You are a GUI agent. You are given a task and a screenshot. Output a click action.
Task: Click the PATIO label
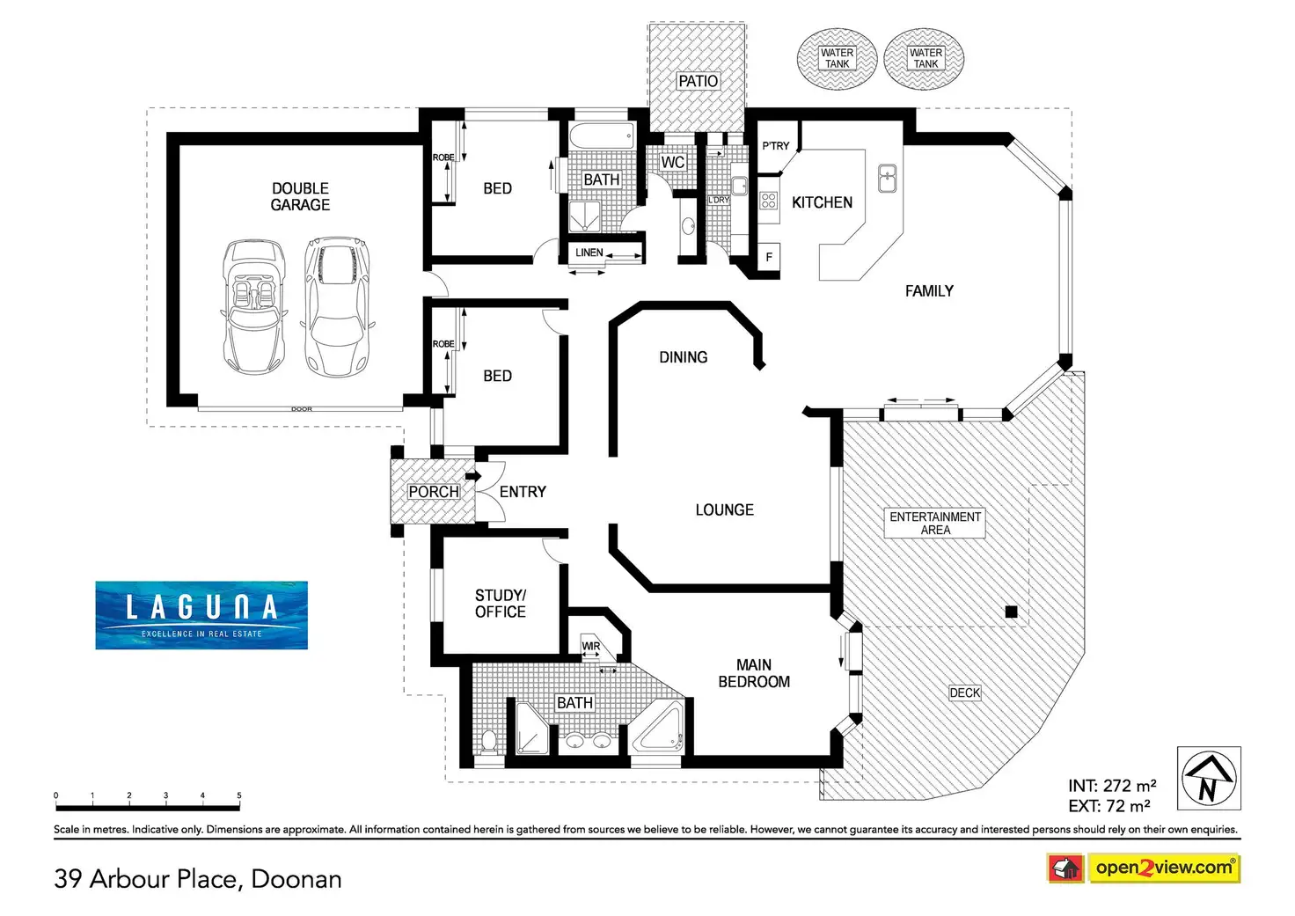coord(698,81)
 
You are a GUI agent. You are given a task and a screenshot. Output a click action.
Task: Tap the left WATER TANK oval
coord(837,59)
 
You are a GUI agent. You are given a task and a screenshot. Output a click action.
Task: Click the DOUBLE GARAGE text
coord(300,196)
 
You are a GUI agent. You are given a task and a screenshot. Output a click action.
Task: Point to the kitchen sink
coord(887,179)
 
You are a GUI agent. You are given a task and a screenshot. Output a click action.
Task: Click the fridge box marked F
coord(769,257)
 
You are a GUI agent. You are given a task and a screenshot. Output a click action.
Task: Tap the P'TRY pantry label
coord(776,146)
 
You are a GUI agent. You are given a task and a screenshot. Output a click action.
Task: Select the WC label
coord(672,163)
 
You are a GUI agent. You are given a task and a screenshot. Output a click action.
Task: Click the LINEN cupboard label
coord(589,253)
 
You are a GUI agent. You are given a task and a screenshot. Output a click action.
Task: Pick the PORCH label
coord(434,492)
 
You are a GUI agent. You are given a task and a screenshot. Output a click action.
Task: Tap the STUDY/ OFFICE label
coord(501,604)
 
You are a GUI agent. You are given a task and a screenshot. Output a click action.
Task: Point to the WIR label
coord(591,647)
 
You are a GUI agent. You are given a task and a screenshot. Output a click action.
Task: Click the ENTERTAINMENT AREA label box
coord(935,524)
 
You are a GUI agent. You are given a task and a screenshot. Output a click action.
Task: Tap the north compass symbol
coord(1209,779)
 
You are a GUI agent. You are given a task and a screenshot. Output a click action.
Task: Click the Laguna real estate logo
coord(201,615)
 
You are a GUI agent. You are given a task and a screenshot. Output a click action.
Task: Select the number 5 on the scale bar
coord(239,795)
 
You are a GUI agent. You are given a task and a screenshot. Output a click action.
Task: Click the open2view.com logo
coord(1163,868)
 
